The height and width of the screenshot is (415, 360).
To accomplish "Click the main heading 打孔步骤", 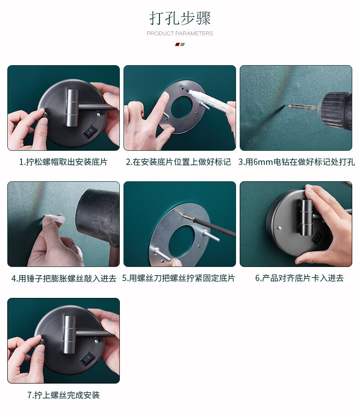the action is pyautogui.click(x=180, y=18).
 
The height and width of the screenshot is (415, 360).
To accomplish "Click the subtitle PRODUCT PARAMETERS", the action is pyautogui.click(x=180, y=33).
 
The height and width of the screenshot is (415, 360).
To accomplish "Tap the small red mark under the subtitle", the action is pyautogui.click(x=177, y=45).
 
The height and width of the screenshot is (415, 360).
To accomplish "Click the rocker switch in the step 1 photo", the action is pyautogui.click(x=89, y=131).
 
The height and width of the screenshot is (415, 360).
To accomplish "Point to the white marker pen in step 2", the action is pyautogui.click(x=210, y=100).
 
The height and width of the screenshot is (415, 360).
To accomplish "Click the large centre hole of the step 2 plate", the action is pyautogui.click(x=182, y=107).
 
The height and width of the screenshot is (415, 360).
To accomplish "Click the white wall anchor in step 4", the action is pyautogui.click(x=56, y=220).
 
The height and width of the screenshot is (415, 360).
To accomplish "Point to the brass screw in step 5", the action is pyautogui.click(x=189, y=218).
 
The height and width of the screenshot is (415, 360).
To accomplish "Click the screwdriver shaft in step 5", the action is pyautogui.click(x=215, y=227).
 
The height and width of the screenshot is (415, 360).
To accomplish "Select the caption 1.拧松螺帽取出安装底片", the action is pyautogui.click(x=63, y=162).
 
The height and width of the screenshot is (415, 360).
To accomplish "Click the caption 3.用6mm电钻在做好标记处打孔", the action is pyautogui.click(x=297, y=162).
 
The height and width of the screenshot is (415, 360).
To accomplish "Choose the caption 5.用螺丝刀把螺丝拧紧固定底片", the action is pyautogui.click(x=179, y=278).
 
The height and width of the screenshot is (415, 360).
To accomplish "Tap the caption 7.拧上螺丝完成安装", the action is pyautogui.click(x=63, y=395).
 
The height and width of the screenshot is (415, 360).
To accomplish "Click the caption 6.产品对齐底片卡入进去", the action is pyautogui.click(x=299, y=278).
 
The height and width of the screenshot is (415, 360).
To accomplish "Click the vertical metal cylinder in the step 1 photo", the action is pyautogui.click(x=72, y=108).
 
